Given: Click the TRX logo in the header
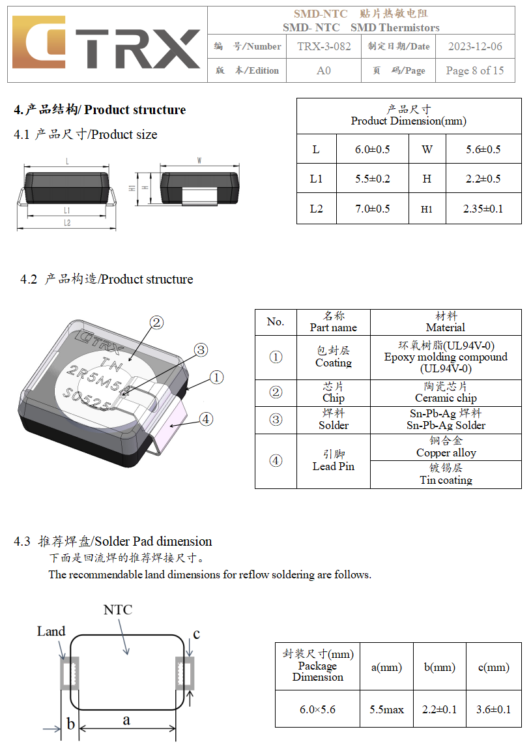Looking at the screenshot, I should (106, 44).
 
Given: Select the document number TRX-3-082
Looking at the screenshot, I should (324, 46).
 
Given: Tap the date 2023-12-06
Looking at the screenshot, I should (475, 46).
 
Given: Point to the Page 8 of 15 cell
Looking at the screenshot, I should (474, 70).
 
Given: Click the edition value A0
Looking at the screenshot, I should (324, 70).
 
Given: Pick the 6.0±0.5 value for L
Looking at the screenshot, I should (372, 149).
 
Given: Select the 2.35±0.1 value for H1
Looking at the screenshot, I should (483, 209).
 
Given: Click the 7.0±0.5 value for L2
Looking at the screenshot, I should (372, 209).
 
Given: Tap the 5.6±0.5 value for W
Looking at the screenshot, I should (483, 149).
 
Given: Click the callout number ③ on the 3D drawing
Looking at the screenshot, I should (201, 350).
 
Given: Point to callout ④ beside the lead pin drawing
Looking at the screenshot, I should (206, 419).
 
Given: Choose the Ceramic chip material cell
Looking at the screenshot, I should (446, 392).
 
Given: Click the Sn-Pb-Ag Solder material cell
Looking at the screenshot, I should (446, 420).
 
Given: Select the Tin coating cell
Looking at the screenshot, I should (446, 475).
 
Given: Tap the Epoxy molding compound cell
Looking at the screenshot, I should (446, 357).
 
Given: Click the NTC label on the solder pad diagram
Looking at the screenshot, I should (117, 610).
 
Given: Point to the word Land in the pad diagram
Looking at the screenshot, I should (51, 631).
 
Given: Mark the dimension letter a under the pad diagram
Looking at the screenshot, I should (126, 720).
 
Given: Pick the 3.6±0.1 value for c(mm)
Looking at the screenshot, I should (494, 709).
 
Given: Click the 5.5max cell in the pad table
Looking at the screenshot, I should (386, 709).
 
